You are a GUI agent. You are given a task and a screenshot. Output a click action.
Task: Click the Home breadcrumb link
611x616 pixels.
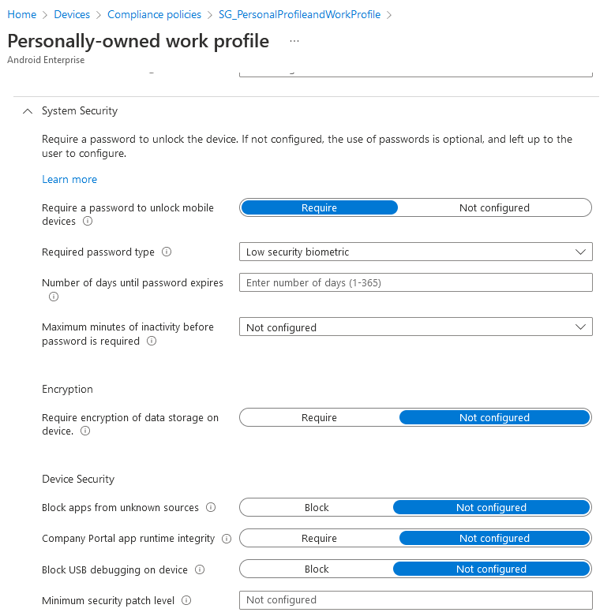coord(22,14)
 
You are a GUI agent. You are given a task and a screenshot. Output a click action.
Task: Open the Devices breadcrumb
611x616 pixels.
coord(72,14)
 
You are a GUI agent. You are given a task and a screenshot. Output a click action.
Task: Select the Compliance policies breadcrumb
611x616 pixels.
coord(154,14)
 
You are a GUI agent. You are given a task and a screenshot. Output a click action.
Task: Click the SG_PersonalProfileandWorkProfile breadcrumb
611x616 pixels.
coord(299,14)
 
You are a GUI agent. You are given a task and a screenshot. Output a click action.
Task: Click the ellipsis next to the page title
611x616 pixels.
coord(294,40)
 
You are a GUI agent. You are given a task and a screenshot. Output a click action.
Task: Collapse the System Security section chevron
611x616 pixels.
coord(28,111)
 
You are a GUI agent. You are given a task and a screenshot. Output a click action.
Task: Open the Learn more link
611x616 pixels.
coord(69,179)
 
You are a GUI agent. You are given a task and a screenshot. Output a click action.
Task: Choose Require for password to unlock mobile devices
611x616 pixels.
coord(319,207)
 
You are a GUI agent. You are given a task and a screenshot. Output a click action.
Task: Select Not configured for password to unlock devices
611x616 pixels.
coord(494,207)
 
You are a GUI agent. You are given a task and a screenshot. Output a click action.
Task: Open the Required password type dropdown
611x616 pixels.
coord(415,252)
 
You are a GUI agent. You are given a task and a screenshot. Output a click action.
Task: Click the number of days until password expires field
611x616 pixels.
coord(415,282)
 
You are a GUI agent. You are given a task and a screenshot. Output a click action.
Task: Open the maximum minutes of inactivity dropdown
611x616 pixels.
coord(415,327)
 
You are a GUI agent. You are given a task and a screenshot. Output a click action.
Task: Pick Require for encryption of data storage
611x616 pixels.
coord(319,417)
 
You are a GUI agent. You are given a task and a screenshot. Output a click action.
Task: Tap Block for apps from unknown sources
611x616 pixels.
coord(317,507)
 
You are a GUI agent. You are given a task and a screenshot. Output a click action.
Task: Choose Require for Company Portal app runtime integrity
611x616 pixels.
coord(319,538)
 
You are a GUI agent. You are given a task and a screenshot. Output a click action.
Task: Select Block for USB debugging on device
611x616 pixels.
coord(317,569)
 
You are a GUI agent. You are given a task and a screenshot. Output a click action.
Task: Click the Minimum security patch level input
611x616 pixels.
coord(415,599)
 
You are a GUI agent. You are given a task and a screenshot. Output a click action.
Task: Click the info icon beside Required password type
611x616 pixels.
coord(167,252)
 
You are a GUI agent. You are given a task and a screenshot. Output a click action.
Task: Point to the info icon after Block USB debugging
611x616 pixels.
coord(200,569)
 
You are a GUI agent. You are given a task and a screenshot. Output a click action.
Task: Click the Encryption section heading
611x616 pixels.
coord(67,389)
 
